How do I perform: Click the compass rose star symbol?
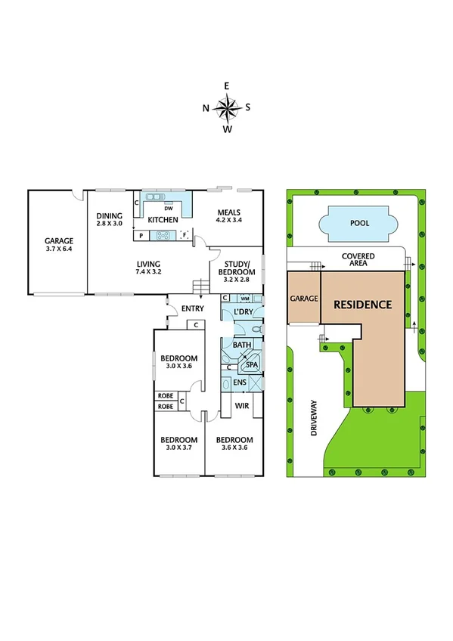tap(226, 107)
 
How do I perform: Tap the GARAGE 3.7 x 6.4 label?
tap(58, 246)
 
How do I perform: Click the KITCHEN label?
tap(163, 220)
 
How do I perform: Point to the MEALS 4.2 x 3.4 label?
tap(228, 216)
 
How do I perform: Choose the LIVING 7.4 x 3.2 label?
tap(148, 267)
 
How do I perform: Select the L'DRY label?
tap(243, 312)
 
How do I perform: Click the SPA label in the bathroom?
tap(251, 365)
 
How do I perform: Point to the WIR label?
tap(242, 406)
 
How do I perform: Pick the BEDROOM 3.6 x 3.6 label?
tap(234, 444)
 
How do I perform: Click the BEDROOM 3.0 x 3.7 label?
tap(178, 444)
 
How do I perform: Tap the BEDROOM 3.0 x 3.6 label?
tap(178, 362)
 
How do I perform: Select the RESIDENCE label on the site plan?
tap(363, 305)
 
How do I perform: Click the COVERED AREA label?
tap(358, 260)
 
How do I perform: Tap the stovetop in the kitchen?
tap(163, 236)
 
